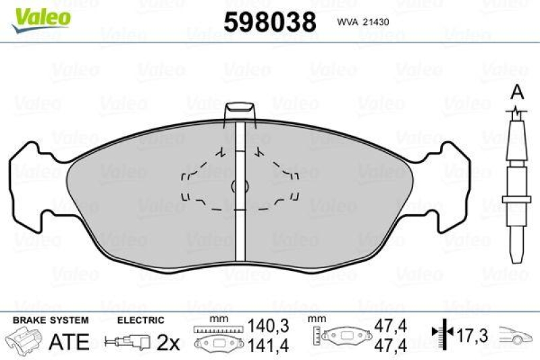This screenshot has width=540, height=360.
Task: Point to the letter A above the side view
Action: pos(517,91)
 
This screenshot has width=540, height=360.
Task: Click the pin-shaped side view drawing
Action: pos(516,189)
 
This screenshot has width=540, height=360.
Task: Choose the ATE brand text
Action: pos(70,342)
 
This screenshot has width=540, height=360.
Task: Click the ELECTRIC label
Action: pos(140,319)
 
